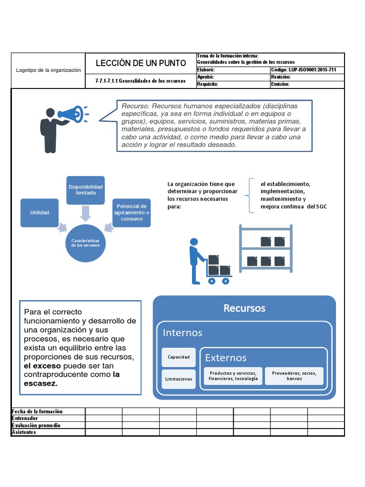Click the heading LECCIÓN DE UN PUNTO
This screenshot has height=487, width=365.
(x=140, y=63)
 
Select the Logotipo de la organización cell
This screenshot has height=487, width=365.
(x=48, y=70)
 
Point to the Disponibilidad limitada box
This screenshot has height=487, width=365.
(x=85, y=190)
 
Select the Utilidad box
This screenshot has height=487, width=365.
(x=39, y=213)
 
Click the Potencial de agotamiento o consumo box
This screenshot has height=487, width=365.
(x=132, y=213)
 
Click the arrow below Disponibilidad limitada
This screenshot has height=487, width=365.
(x=85, y=214)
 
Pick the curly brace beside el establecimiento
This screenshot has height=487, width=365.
(x=249, y=195)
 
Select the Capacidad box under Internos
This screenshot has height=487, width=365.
(x=178, y=357)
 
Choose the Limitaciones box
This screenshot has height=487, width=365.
(x=178, y=379)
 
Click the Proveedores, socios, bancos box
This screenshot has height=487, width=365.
(x=294, y=376)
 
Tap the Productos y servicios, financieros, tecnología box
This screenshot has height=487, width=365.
(x=232, y=376)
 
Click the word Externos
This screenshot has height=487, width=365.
(x=226, y=358)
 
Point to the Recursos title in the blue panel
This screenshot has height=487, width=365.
(x=244, y=308)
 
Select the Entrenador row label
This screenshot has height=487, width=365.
(x=27, y=419)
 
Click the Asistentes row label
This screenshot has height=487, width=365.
(x=24, y=432)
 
